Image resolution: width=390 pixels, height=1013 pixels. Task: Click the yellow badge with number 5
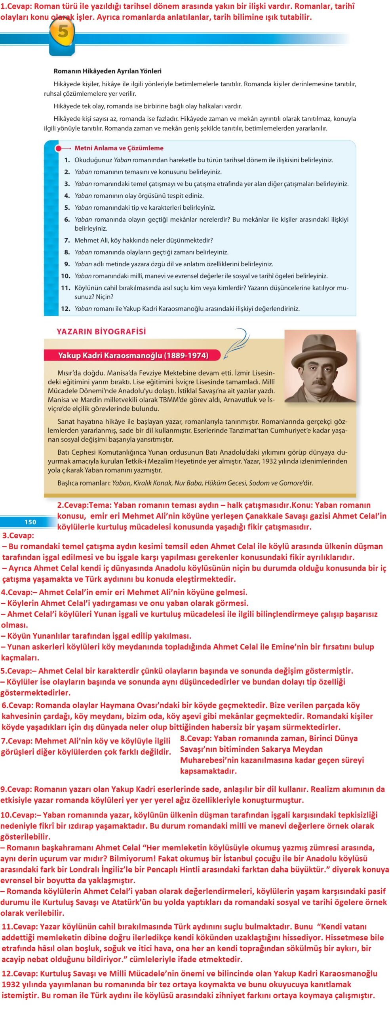click(62, 32)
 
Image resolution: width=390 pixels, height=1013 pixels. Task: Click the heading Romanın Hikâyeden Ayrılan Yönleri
click(107, 71)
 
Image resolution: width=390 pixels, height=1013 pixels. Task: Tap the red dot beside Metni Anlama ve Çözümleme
click(58, 148)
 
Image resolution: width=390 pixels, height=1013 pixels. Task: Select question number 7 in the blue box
click(67, 240)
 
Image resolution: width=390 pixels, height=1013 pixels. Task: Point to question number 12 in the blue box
click(65, 309)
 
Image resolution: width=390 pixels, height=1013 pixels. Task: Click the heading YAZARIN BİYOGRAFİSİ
click(101, 332)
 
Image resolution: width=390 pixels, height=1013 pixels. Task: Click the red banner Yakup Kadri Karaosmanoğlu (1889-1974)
click(133, 355)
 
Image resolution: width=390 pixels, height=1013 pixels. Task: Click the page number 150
click(30, 522)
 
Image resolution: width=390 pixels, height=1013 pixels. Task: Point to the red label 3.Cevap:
click(18, 535)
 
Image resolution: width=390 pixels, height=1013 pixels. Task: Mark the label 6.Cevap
click(17, 705)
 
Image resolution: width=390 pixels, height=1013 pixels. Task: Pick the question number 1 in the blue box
click(67, 160)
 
